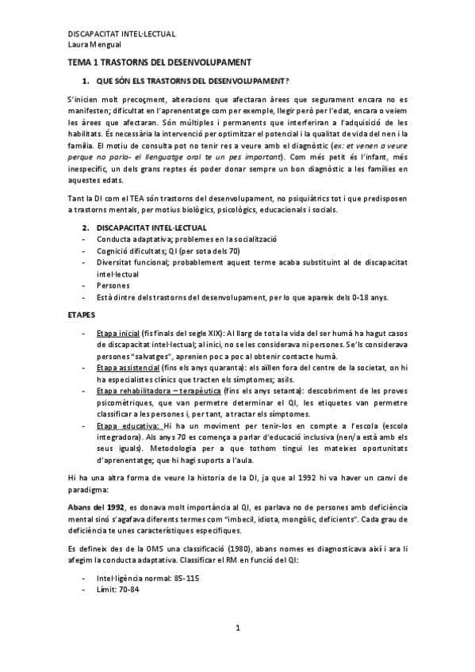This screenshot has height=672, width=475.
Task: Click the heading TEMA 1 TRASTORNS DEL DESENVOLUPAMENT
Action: [x=159, y=62]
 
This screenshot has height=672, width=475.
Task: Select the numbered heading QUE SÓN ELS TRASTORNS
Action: [x=190, y=82]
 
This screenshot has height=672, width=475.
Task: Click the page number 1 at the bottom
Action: [x=237, y=628]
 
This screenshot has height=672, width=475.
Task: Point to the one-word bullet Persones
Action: [x=113, y=285]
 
